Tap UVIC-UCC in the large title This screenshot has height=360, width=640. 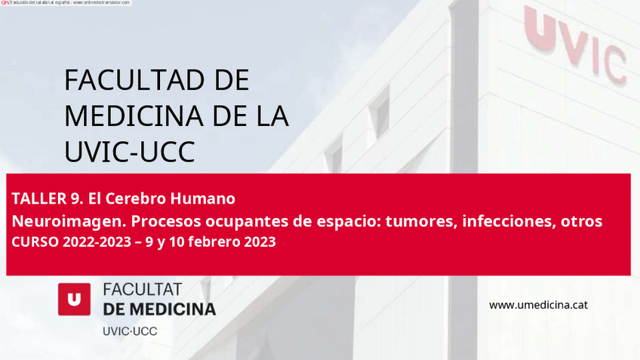pyautogui.click(x=129, y=152)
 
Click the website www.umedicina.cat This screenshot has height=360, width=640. pyautogui.click(x=538, y=305)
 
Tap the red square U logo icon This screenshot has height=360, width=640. pyautogui.click(x=74, y=299)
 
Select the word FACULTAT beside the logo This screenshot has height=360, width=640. pyautogui.click(x=142, y=290)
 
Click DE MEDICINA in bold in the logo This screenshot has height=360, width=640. pyautogui.click(x=158, y=309)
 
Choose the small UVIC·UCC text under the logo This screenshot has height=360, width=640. pyautogui.click(x=130, y=331)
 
